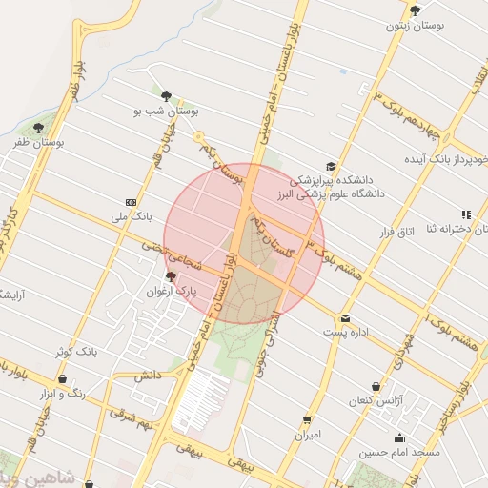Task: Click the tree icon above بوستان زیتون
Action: tap(414, 10)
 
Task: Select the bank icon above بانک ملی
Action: tap(131, 202)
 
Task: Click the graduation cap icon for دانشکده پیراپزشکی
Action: tap(330, 166)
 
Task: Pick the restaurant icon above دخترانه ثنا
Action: tap(466, 215)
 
